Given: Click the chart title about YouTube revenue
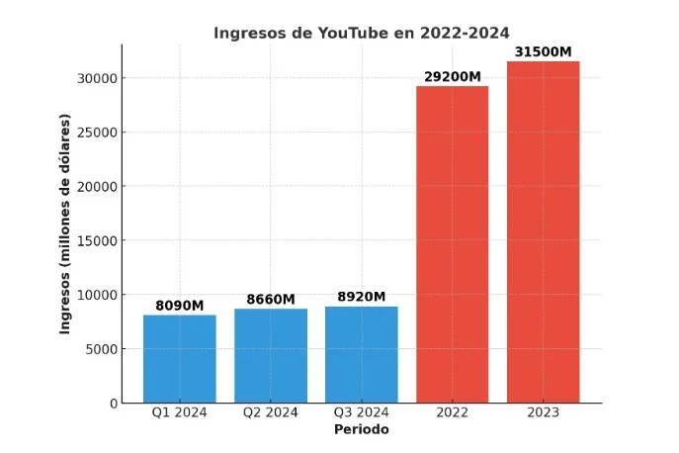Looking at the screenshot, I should (362, 33).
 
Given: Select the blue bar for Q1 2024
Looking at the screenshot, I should (180, 358).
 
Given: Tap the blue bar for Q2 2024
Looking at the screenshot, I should (271, 355).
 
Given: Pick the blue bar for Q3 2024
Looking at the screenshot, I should (362, 354).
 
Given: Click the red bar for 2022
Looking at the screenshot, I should (452, 244).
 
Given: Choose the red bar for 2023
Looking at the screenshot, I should (543, 231).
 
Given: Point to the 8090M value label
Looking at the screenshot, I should (180, 306).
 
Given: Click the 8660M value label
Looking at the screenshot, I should (271, 299).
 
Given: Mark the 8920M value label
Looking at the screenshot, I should (362, 297).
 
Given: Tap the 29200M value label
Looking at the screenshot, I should (452, 76).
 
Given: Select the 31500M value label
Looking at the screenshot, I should (543, 51).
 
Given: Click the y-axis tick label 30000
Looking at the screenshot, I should (97, 78).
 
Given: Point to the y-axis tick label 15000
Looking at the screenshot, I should (97, 240).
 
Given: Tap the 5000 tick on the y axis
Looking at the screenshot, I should (101, 349).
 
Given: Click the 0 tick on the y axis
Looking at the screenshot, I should (113, 404).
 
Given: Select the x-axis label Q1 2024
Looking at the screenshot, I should (180, 413).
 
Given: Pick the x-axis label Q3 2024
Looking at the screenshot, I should (362, 413).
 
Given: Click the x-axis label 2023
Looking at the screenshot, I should (543, 413).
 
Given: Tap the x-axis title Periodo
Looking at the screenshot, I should (361, 430).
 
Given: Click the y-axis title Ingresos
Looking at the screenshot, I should (65, 224).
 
